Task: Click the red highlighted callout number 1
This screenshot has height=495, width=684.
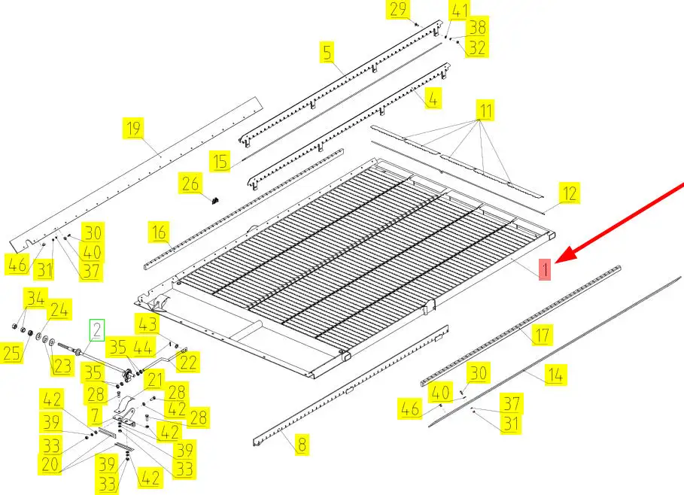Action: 544,269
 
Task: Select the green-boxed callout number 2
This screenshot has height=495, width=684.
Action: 97,330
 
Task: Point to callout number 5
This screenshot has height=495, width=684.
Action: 327,52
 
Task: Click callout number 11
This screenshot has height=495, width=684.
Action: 485,111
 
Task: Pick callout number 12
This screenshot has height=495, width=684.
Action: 570,193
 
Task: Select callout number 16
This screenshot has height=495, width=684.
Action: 160,232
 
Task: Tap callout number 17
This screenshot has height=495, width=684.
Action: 543,335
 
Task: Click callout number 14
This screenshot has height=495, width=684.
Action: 555,375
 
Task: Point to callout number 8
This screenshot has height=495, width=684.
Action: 302,445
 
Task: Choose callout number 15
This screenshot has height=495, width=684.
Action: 220,162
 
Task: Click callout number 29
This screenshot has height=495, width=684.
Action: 398,10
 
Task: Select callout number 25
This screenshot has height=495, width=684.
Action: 12,353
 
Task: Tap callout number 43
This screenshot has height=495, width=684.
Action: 147,324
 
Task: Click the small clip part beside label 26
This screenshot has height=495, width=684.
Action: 214,201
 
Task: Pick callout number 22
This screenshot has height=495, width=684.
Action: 188,362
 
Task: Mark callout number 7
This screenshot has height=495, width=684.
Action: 95,415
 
